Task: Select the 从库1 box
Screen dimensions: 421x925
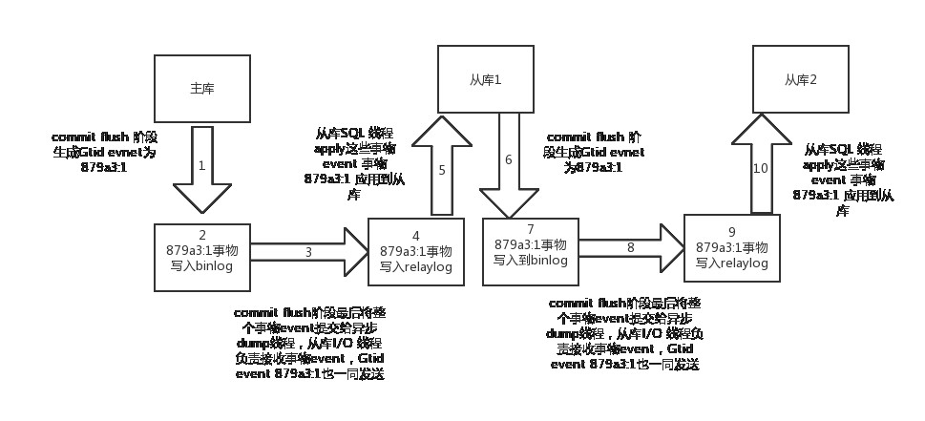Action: [x=485, y=78]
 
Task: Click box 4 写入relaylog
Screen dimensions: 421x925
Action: [x=416, y=252]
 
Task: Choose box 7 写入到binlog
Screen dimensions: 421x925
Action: [x=531, y=250]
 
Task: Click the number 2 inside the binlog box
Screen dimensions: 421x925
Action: [x=201, y=235]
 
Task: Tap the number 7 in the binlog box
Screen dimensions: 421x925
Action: [x=531, y=230]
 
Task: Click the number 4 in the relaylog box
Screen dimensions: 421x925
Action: [x=416, y=236]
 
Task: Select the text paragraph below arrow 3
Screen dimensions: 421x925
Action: [x=310, y=344]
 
